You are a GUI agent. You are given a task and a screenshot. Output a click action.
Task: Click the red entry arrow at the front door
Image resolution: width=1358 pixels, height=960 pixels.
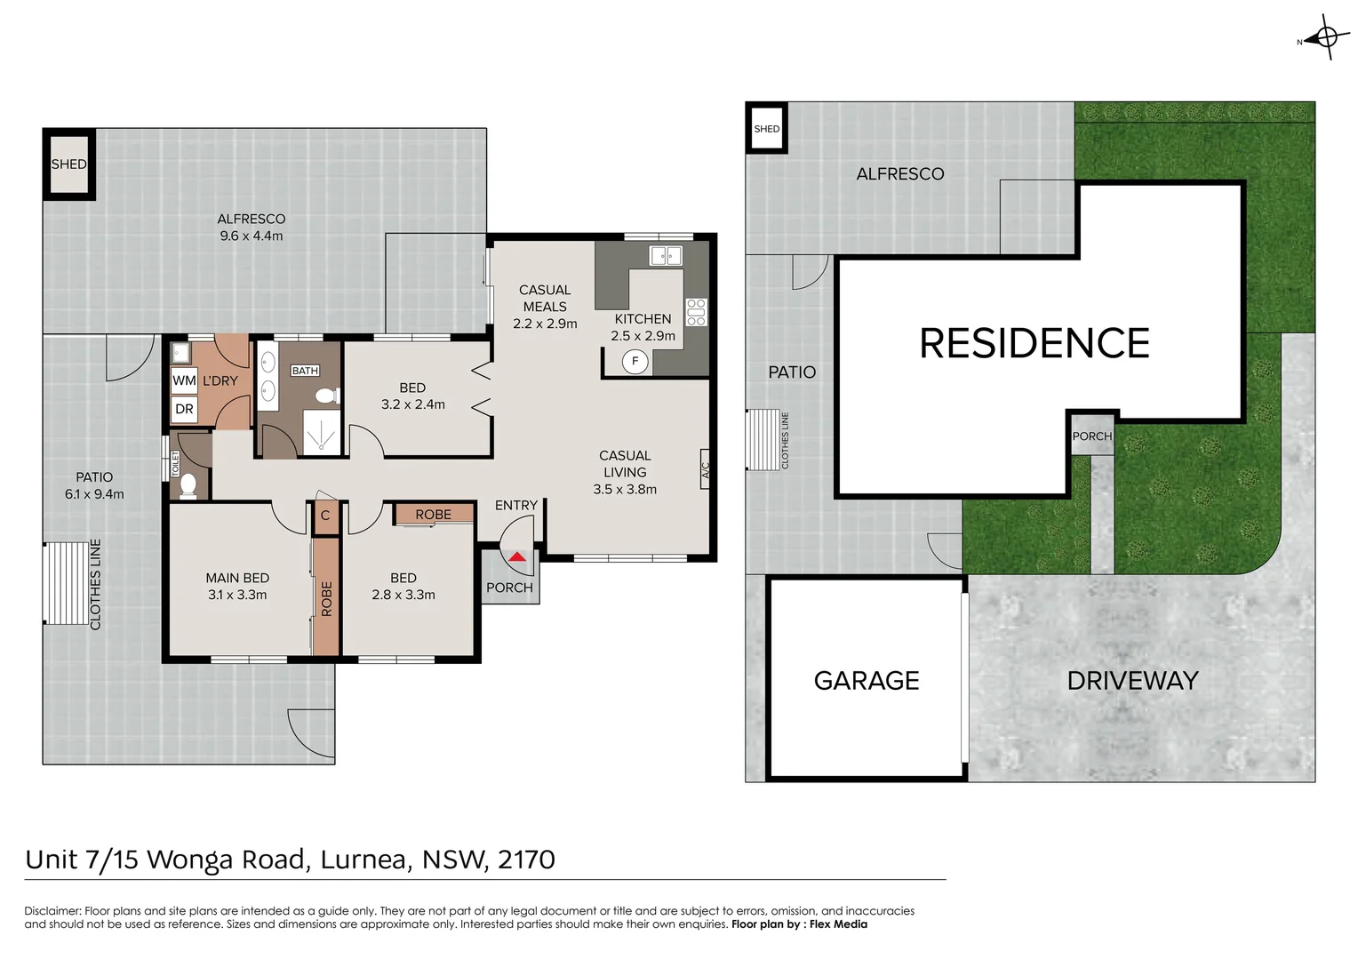(x=517, y=557)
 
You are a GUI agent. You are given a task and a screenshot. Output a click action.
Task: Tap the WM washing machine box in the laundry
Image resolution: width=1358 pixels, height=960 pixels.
(x=184, y=380)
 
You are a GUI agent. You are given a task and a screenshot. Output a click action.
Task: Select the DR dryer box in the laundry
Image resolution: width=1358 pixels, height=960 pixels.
(x=184, y=410)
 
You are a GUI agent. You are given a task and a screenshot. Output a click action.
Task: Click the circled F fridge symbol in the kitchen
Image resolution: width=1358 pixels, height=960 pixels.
(x=635, y=361)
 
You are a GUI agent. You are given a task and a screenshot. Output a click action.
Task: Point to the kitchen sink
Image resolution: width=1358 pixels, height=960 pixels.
(x=666, y=256)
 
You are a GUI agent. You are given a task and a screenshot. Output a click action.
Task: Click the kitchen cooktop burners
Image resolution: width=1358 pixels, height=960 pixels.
(x=696, y=312)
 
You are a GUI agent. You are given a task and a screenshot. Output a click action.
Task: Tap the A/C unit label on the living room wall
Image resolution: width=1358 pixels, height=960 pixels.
(x=706, y=470)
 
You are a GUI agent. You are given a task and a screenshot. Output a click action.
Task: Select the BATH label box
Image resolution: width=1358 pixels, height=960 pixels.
(x=305, y=371)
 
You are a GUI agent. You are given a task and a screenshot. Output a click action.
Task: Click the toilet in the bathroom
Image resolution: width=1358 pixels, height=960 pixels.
(x=326, y=396)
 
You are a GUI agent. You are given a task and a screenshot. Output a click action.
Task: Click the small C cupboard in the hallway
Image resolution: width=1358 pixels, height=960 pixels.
(x=325, y=516)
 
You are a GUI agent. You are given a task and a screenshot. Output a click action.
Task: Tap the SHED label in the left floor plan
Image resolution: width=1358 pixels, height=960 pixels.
(x=68, y=164)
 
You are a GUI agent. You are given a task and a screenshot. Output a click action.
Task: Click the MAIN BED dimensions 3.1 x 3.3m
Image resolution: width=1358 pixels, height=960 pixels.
(x=237, y=595)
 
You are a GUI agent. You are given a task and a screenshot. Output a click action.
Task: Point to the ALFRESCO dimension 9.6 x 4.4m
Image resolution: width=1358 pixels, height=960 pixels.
(x=252, y=236)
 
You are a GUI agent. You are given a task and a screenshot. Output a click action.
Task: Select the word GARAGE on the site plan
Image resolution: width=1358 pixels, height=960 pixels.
(x=867, y=681)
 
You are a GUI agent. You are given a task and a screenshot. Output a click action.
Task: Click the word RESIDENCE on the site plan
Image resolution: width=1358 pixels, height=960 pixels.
(x=1034, y=343)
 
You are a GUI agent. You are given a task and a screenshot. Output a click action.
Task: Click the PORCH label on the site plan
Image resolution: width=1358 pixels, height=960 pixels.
(x=1091, y=436)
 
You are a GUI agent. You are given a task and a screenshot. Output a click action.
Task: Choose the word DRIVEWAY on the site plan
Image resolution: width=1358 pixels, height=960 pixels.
(x=1132, y=681)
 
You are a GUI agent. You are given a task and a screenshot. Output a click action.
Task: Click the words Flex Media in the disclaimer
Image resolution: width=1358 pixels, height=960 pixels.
(x=838, y=924)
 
